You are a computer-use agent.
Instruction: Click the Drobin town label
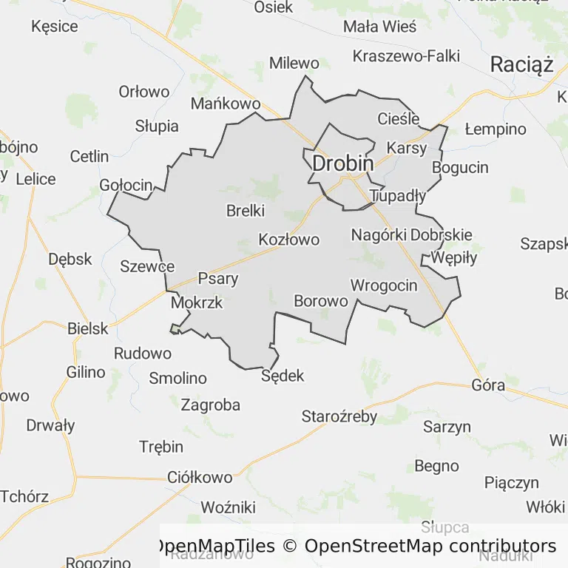(x=342, y=163)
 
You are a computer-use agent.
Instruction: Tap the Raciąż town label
(x=522, y=65)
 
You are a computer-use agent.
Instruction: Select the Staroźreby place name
(x=339, y=416)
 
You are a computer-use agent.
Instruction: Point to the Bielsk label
(x=87, y=328)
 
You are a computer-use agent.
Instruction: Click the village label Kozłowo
(x=289, y=240)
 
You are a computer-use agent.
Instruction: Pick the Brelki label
(x=246, y=211)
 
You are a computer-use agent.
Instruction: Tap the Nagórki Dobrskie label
(x=411, y=235)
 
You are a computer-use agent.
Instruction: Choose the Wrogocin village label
(x=384, y=285)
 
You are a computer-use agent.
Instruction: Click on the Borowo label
(x=321, y=301)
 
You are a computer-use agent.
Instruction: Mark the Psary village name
(x=218, y=279)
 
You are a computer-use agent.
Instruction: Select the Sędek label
(x=283, y=376)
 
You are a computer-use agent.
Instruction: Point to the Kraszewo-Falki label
(x=406, y=55)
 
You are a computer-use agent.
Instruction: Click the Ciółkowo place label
(x=200, y=478)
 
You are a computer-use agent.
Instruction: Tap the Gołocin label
(x=126, y=185)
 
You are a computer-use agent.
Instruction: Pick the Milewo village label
(x=294, y=63)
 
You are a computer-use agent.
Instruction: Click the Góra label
(x=489, y=385)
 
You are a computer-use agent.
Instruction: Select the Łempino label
(x=496, y=129)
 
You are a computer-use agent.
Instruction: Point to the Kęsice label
(x=55, y=27)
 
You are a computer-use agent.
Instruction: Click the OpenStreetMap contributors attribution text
(x=430, y=547)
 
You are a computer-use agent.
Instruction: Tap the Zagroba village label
(x=211, y=405)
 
